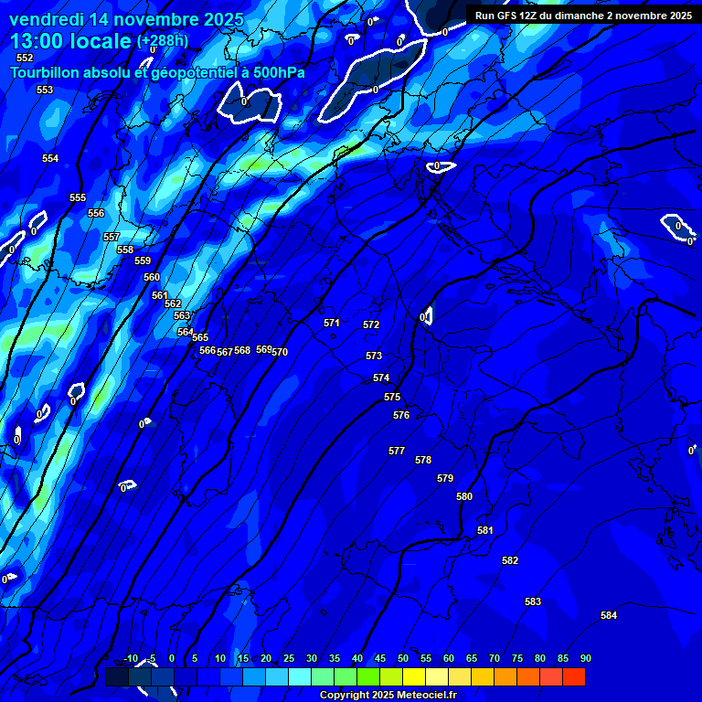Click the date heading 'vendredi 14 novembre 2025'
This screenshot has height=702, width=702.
126,19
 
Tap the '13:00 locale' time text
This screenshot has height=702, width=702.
71,41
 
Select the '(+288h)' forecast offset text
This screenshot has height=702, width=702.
163,41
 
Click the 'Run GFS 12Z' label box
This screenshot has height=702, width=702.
583,16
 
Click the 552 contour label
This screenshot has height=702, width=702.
25,58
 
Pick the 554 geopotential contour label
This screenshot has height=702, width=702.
50,158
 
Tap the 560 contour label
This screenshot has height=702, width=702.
152,277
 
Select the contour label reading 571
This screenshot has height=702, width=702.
332,323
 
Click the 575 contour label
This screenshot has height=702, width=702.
392,397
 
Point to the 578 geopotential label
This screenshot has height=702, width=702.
423,460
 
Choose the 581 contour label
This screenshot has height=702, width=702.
485,530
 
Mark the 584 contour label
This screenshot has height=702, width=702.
609,615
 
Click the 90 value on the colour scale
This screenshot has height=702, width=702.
585,658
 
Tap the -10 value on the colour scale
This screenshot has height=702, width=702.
131,658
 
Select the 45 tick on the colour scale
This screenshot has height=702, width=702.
379,658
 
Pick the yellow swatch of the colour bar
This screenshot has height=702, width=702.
413,676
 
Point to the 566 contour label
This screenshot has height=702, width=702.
207,350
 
